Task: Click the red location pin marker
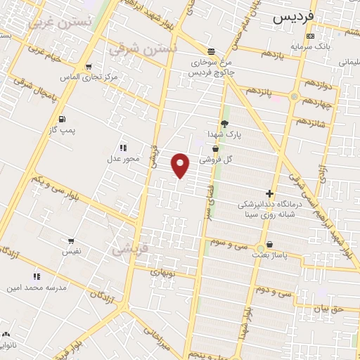(181, 165)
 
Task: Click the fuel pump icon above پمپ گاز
(63, 119)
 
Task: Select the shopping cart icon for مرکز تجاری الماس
(89, 67)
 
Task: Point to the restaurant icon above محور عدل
(123, 148)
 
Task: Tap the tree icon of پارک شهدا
(224, 123)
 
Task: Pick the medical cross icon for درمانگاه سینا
(269, 193)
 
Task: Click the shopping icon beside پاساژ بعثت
(260, 248)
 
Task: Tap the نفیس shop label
(72, 251)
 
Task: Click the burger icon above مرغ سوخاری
(212, 51)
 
